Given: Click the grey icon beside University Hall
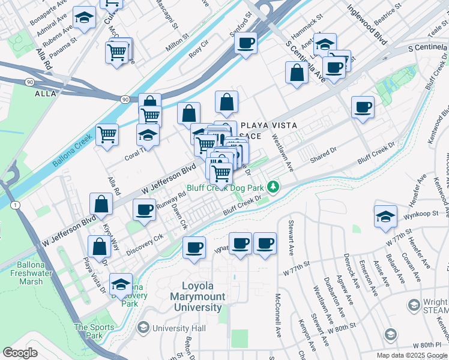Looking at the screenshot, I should coord(143,328).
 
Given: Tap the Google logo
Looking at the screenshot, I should coord(20,353).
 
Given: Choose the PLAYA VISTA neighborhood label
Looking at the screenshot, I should coord(270,126).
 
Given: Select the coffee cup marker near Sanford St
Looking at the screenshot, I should coord(245,43).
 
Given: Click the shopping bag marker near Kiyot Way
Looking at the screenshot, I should coord(101,204).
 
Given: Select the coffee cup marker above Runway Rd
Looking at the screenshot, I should coord(144,210).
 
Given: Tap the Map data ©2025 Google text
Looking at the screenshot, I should coord(411,355).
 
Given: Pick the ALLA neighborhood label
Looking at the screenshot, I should coord(46,94).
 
